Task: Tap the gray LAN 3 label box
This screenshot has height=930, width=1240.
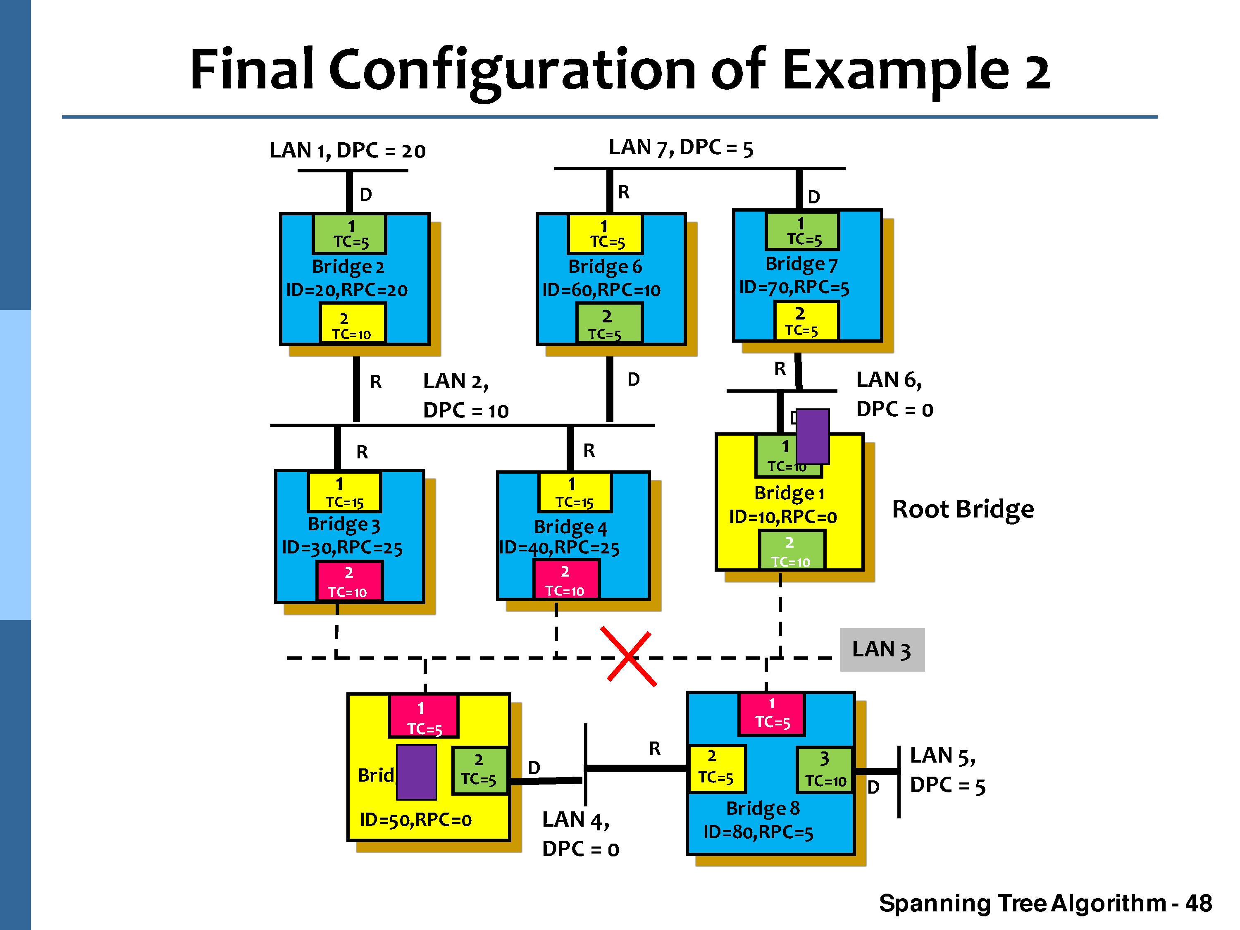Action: pyautogui.click(x=882, y=650)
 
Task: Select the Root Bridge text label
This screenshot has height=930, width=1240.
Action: pyautogui.click(x=963, y=509)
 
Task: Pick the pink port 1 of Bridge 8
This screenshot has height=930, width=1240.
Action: pyautogui.click(x=772, y=713)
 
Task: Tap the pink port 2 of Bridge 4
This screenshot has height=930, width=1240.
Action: pyautogui.click(x=565, y=580)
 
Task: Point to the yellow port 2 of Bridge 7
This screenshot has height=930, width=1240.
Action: pyautogui.click(x=806, y=321)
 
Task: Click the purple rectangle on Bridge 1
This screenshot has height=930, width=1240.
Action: pyautogui.click(x=812, y=436)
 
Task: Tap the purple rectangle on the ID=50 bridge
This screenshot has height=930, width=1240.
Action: pyautogui.click(x=417, y=772)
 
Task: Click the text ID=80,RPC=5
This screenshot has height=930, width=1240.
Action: pyautogui.click(x=758, y=832)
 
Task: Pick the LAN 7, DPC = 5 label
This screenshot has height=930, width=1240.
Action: pyautogui.click(x=681, y=148)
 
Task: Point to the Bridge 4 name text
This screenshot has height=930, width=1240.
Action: pyautogui.click(x=570, y=527)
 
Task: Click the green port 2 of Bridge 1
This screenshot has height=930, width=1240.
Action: pyautogui.click(x=791, y=551)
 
